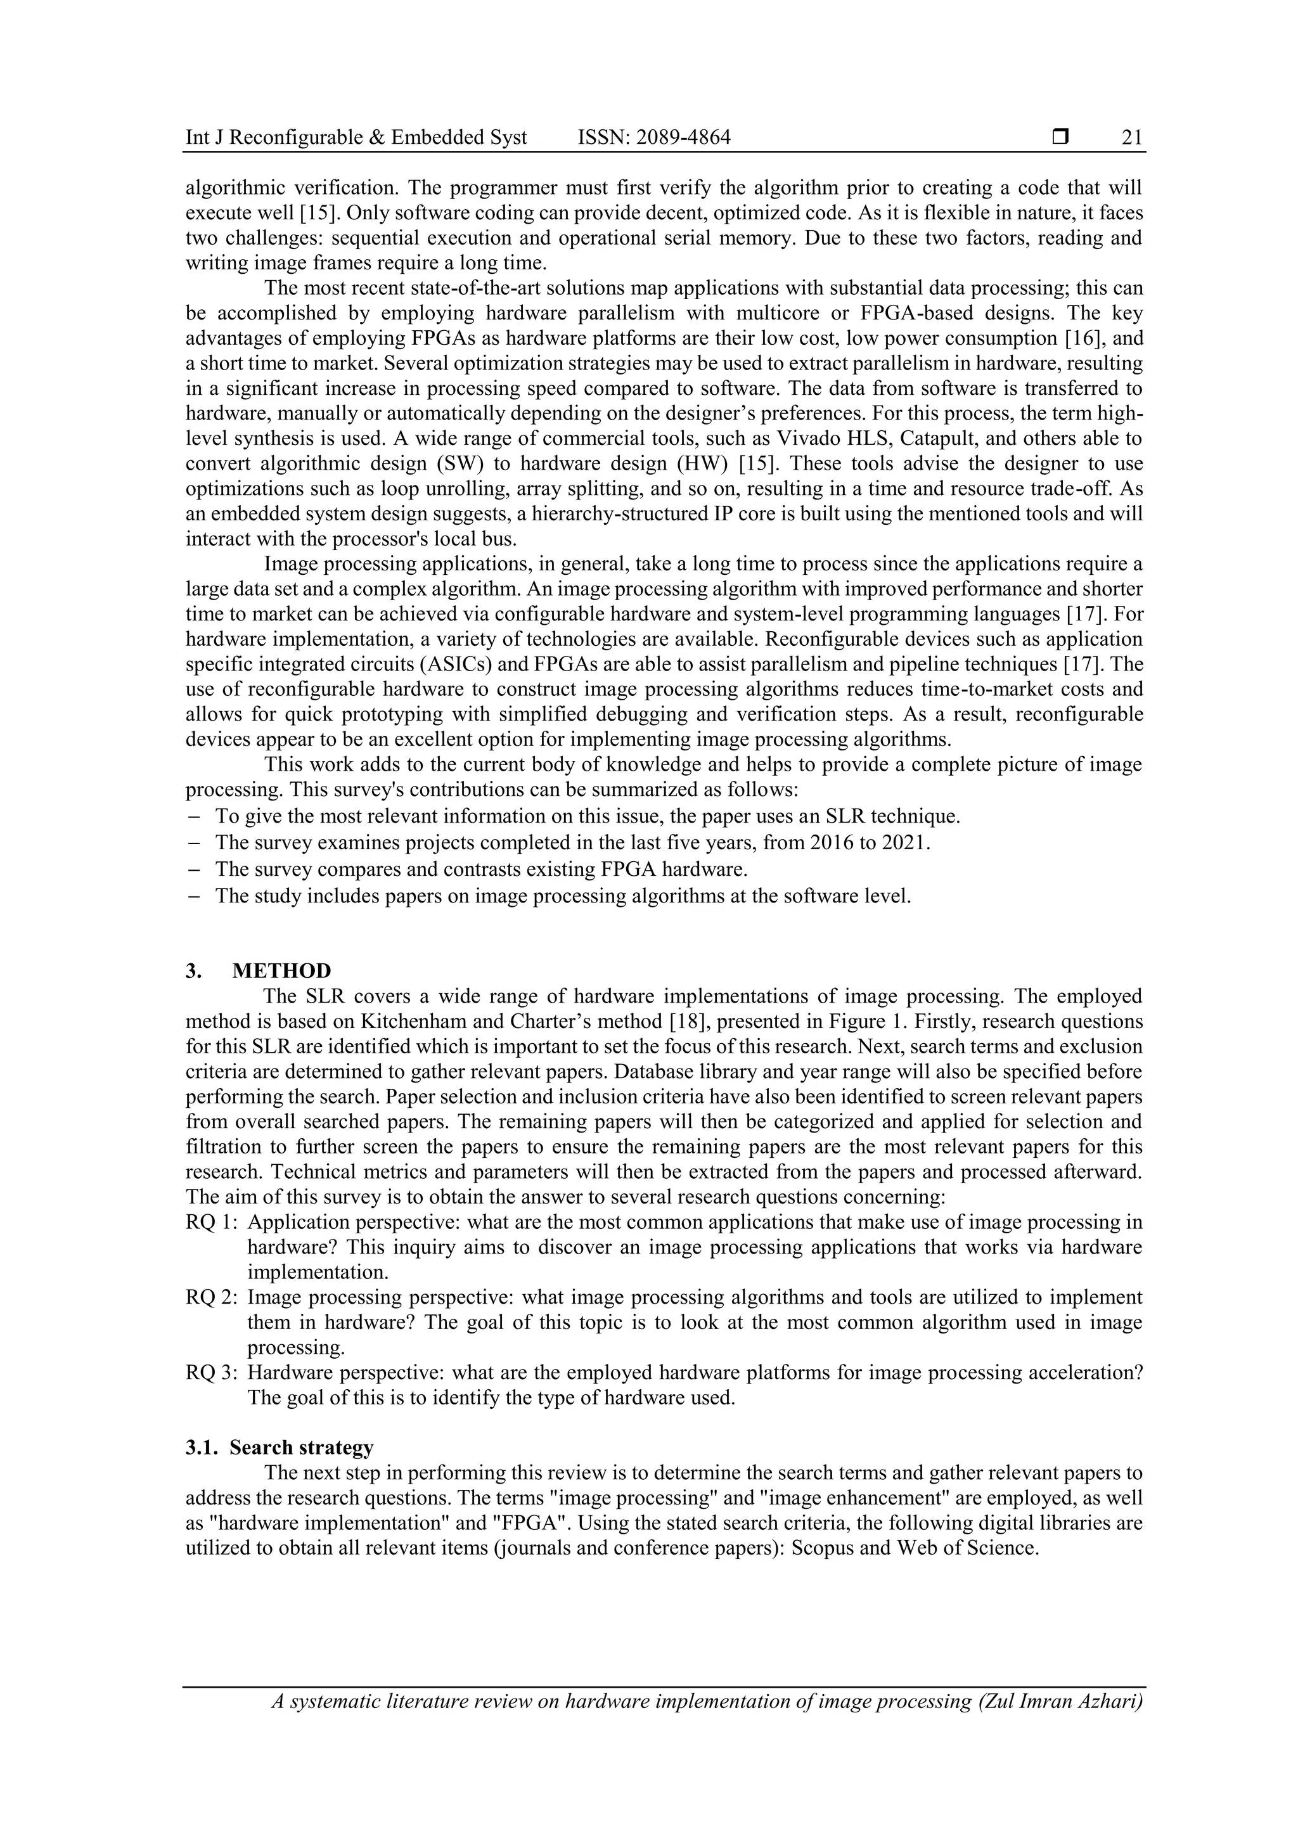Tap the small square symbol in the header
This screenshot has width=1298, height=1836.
[x=1060, y=138]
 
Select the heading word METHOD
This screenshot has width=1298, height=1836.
[x=281, y=971]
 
